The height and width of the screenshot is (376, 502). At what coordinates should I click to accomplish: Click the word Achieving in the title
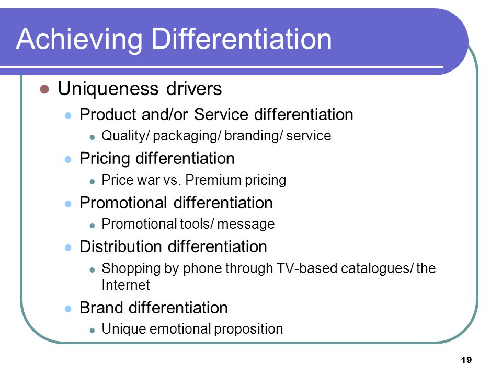point(79,40)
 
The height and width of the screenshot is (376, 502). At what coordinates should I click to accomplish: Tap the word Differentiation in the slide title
point(242,39)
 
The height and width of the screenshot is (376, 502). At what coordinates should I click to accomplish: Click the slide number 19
point(466,360)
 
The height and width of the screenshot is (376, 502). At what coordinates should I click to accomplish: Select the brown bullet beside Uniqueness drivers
point(44,89)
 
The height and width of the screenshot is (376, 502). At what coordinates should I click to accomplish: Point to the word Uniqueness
point(108,89)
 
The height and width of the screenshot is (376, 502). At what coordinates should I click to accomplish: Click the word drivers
point(194,89)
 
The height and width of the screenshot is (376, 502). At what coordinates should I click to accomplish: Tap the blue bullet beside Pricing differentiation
point(68,159)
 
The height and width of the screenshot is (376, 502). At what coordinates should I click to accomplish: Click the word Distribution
point(121,246)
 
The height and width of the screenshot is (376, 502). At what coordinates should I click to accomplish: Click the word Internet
point(125,285)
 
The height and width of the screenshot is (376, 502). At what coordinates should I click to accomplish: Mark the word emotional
point(180,328)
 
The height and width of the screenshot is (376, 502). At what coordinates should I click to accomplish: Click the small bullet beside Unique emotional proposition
point(92,330)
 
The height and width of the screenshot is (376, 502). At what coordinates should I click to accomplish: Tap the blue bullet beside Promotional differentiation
point(68,204)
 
